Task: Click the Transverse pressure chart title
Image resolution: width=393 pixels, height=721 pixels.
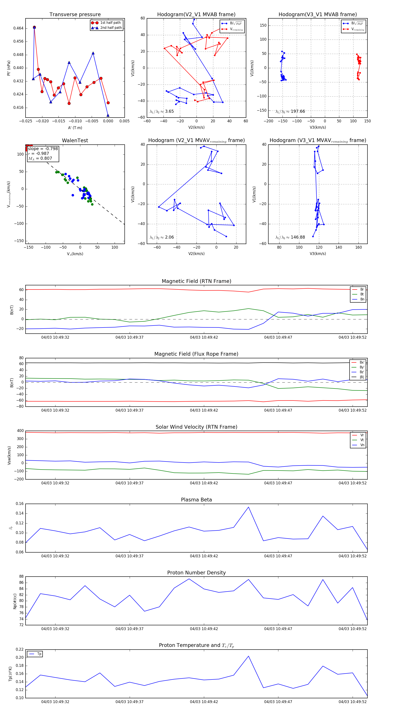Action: [75, 15]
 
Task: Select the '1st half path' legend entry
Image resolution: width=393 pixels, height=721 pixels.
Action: [110, 23]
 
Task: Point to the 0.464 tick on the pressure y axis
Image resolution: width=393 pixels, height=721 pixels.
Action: [19, 28]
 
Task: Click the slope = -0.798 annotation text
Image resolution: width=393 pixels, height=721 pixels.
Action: [43, 149]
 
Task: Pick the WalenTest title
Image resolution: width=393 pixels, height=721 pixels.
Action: [75, 140]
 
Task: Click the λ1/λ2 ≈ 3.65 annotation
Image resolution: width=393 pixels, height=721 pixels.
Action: [162, 111]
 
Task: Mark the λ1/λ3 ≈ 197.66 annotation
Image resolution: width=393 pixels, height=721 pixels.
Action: [290, 111]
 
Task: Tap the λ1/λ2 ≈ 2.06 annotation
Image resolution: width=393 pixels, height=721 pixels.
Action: [162, 237]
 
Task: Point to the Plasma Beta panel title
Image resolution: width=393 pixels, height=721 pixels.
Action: [196, 500]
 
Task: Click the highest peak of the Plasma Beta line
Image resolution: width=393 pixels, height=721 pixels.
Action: [248, 507]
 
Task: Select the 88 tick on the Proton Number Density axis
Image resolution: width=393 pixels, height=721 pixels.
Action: [21, 577]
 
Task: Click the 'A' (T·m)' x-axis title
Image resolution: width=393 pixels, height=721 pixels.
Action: [75, 128]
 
